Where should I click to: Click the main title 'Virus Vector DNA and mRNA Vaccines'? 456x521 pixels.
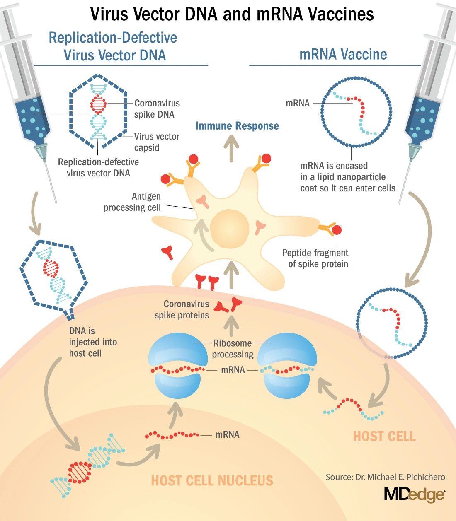232,14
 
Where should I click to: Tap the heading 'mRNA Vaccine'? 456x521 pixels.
343,54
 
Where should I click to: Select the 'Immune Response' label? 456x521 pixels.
237,126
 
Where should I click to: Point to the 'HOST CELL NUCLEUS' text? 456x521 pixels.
212,480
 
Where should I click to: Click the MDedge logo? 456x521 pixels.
414,494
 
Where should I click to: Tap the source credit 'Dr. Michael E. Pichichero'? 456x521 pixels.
386,477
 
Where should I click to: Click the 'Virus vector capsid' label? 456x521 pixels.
157,142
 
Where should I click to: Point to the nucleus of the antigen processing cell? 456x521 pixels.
230,229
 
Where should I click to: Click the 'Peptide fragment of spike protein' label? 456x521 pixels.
315,258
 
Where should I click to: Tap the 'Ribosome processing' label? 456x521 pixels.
233,349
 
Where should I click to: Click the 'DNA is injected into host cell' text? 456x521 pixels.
93,342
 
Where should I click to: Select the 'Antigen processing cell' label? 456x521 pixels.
132,202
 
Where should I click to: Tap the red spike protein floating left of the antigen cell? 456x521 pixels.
168,251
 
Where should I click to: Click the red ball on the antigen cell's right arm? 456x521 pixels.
337,229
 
